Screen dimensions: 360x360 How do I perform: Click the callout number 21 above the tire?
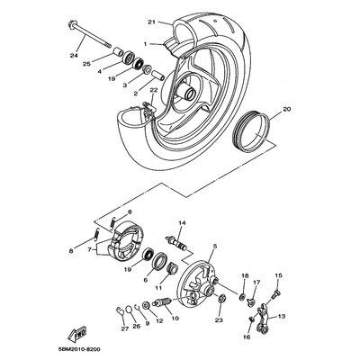coord(152,22)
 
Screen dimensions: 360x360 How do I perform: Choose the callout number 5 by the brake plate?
coord(213,246)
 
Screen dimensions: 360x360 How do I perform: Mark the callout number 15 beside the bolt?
coord(278,275)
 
